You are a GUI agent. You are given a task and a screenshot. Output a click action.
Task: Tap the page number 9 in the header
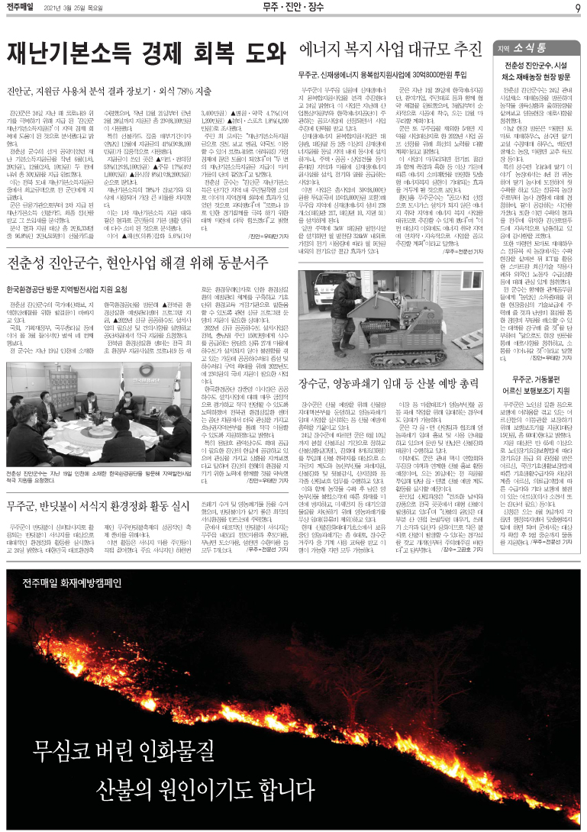click(x=578, y=8)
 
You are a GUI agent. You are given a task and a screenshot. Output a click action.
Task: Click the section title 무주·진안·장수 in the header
click(x=294, y=8)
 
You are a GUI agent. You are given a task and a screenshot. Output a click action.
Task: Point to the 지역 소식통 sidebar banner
click(x=538, y=47)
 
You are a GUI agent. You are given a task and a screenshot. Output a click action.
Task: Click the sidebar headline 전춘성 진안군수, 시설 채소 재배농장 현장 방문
click(x=539, y=72)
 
